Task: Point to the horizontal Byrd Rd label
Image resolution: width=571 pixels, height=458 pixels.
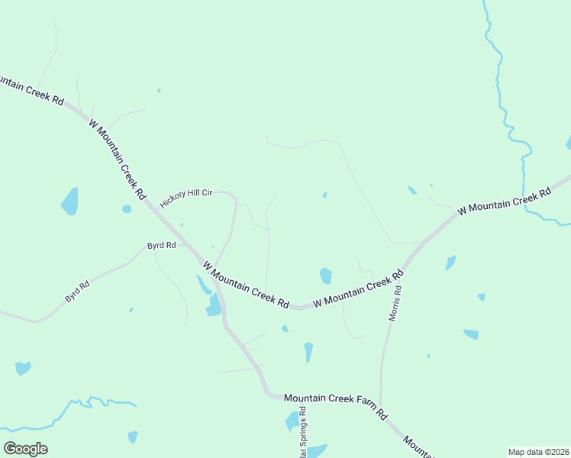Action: click(x=161, y=246)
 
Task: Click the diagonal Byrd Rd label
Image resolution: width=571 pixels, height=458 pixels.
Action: click(x=77, y=291)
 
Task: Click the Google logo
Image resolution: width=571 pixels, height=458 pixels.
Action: click(x=25, y=449)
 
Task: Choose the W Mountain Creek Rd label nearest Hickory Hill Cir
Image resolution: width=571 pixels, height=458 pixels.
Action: click(x=117, y=159)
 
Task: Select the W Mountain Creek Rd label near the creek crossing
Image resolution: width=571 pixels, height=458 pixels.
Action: click(x=504, y=201)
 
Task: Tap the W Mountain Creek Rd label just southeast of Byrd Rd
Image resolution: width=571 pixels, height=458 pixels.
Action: click(x=246, y=284)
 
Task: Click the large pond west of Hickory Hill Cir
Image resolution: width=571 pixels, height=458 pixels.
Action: click(x=69, y=201)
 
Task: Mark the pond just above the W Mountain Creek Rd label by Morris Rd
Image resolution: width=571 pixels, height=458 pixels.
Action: click(x=326, y=275)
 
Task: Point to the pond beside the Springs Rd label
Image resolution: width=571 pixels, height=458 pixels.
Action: click(x=292, y=421)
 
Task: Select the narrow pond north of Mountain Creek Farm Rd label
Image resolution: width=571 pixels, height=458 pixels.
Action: click(x=308, y=352)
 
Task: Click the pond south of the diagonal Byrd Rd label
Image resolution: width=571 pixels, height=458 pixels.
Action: click(x=23, y=369)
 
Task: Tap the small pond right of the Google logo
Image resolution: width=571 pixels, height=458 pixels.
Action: click(x=133, y=437)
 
